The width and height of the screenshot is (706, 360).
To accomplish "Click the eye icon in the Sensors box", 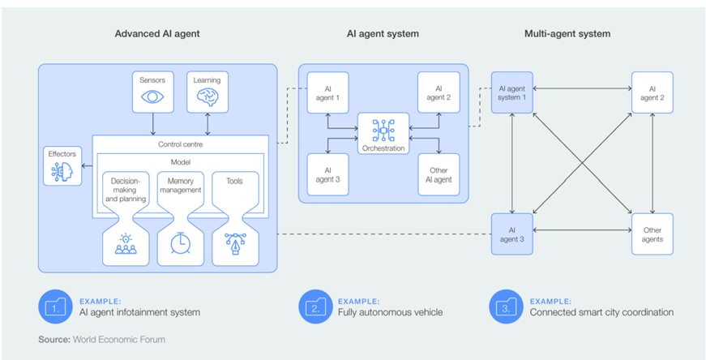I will point(152,96).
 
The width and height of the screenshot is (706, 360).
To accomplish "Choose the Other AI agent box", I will point(439,175).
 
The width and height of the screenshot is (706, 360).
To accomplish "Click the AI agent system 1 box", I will point(511,92).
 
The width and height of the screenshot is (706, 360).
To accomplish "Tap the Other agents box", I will point(652,234).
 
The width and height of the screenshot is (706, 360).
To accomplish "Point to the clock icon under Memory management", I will point(180,244).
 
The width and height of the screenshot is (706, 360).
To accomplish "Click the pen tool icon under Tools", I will point(234,244).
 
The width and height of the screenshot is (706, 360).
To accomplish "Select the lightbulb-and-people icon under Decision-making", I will point(126,244).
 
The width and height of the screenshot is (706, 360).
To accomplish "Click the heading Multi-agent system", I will point(567,34).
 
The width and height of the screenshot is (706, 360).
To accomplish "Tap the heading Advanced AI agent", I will point(157,34).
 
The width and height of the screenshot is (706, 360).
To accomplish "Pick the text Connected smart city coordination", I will point(601,312).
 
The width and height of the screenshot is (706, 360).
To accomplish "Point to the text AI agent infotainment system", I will point(139,312).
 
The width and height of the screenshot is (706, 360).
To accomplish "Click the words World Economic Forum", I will point(120,339).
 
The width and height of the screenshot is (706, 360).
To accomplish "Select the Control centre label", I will point(180,144).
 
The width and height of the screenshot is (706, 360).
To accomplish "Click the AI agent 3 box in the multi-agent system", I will point(511,234).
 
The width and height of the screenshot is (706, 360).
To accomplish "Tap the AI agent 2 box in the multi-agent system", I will point(652,92).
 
